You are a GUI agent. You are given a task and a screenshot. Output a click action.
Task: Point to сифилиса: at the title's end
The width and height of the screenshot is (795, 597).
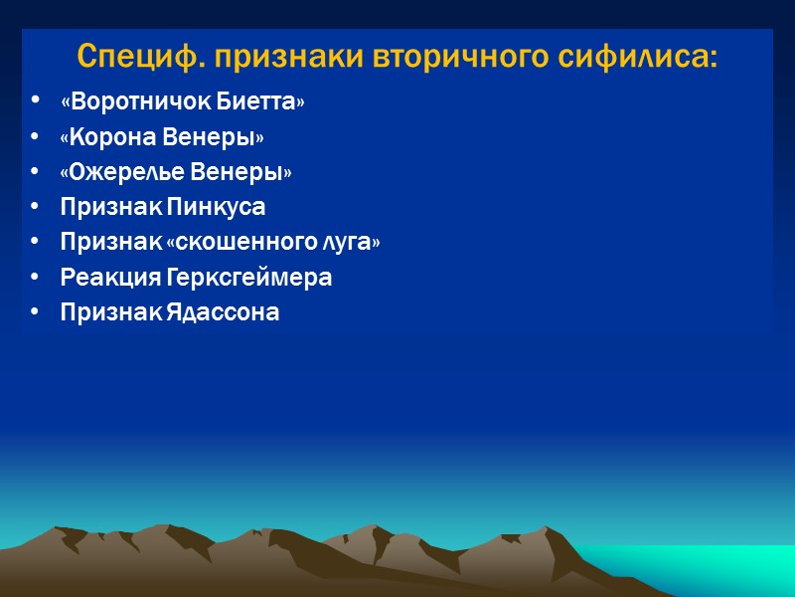(x=637, y=57)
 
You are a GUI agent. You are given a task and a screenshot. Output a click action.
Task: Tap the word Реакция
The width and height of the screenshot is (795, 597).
(x=105, y=278)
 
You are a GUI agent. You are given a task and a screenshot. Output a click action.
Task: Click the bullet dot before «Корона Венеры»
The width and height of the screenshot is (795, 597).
(x=37, y=137)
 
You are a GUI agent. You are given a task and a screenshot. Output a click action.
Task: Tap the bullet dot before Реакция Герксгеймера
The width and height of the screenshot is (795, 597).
(x=37, y=278)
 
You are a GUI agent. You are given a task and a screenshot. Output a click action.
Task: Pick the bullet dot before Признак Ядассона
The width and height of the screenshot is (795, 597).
(x=37, y=312)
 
